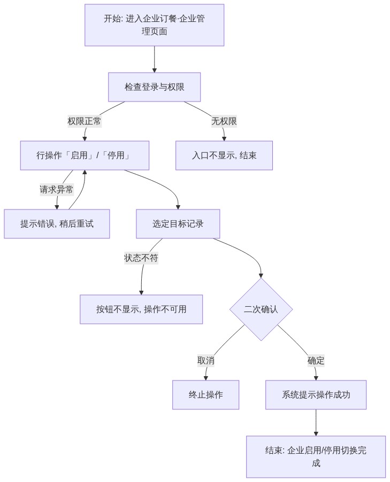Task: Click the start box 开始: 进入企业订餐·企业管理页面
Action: coord(154,25)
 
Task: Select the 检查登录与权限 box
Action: coord(154,87)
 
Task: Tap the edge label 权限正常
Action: coord(85,121)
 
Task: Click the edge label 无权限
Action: coord(224,121)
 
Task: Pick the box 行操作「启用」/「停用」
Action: coord(85,156)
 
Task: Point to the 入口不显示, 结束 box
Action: coord(224,156)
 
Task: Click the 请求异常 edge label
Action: coord(57,189)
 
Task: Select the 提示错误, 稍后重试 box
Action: coord(57,224)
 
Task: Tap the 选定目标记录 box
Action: coord(178,224)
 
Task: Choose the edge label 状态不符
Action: coord(141,258)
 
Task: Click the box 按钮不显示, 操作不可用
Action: coord(141,309)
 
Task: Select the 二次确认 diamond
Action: coord(261,309)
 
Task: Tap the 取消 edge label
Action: coord(206,361)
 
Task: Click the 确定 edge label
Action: coord(316,361)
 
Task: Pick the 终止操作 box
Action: coord(205,395)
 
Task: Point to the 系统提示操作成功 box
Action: coord(316,395)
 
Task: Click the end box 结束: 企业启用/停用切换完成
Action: coord(316,457)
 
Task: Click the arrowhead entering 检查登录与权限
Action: coord(155,71)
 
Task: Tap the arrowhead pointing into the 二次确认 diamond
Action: coord(261,276)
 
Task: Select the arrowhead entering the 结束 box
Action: coord(316,434)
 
